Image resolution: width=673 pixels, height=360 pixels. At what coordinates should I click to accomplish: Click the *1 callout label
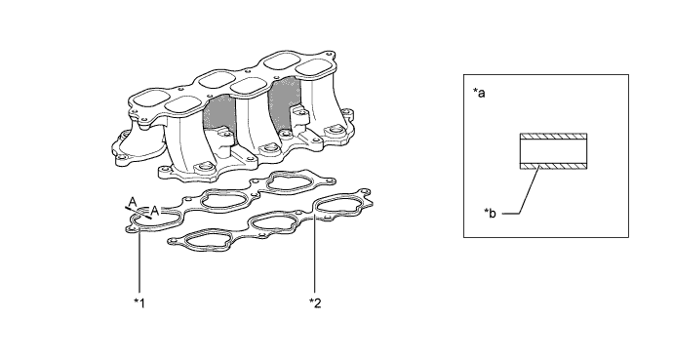tap(139, 303)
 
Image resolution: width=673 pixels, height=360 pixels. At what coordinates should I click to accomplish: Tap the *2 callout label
tap(315, 303)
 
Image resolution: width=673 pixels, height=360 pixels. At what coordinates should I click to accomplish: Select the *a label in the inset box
tap(479, 93)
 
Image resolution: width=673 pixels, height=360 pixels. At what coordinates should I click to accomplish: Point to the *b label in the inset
tap(491, 213)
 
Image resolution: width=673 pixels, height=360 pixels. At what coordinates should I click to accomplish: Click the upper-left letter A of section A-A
tap(133, 202)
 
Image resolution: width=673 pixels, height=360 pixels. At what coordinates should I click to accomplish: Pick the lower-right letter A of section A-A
tap(155, 211)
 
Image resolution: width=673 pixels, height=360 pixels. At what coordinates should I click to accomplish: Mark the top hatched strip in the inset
tap(553, 137)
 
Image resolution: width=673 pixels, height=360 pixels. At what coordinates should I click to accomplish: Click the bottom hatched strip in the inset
tap(553, 166)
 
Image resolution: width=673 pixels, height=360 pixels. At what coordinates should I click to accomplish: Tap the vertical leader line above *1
tap(139, 259)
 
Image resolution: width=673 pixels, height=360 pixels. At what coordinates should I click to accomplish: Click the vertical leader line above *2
tap(315, 256)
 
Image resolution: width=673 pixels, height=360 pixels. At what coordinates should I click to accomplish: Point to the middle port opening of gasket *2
tap(272, 222)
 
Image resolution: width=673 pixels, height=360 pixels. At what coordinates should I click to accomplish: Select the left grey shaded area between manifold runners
tap(218, 114)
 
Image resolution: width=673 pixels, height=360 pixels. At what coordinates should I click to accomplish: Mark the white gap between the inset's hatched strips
tap(553, 151)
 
